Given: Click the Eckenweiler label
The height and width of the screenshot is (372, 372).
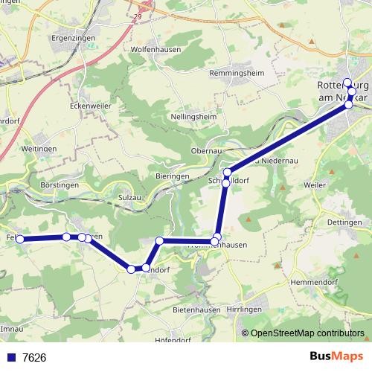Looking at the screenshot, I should coord(91,106).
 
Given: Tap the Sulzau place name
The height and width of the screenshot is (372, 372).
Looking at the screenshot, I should coord(131,198).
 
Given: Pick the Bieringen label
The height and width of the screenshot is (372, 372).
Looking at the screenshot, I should coord(173,176).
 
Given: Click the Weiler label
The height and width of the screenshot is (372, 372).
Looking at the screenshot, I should coord(316,183).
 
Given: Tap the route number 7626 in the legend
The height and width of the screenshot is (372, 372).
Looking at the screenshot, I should coord(34,358).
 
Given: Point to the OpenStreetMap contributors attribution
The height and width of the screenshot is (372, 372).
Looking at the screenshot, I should coord(307,333).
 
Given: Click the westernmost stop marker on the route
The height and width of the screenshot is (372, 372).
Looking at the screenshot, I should coord(21,239).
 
